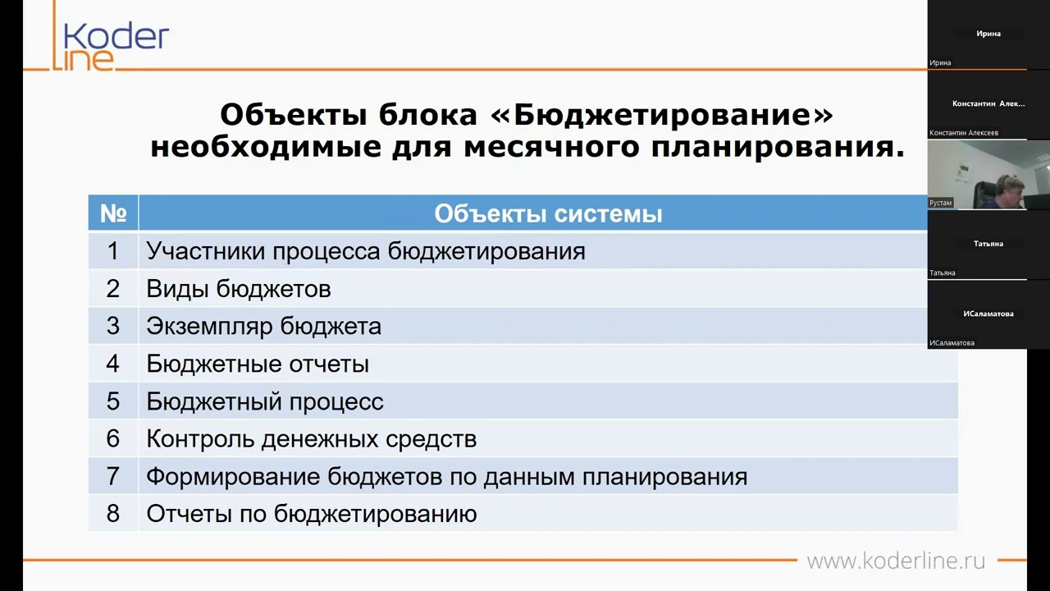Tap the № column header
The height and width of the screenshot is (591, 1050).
click(113, 213)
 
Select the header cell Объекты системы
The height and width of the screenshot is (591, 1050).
click(548, 214)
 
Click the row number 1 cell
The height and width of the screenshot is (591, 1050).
click(113, 251)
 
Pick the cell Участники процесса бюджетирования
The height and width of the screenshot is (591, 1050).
click(366, 251)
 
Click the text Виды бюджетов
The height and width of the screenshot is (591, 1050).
click(239, 289)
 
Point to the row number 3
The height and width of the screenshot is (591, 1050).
click(113, 326)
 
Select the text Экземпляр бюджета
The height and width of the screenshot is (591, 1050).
click(263, 326)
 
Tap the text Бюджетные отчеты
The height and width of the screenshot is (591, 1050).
click(258, 364)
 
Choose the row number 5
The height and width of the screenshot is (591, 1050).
click(113, 401)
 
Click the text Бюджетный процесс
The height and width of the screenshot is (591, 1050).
click(265, 401)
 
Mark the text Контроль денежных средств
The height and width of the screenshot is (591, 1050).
click(312, 439)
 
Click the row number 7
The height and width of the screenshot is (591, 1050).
click(113, 477)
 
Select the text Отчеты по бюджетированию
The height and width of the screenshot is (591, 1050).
click(312, 515)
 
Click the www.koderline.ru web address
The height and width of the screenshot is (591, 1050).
click(896, 561)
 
